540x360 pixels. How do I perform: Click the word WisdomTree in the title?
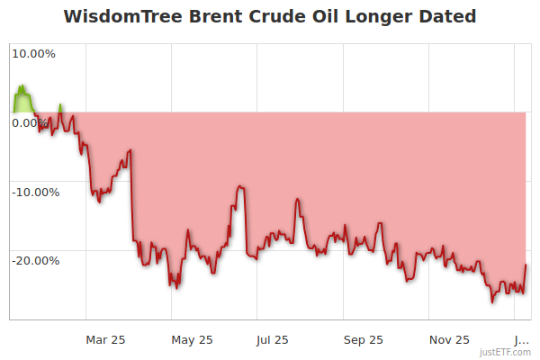pos(118,16)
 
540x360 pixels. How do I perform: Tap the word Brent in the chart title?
pos(210,16)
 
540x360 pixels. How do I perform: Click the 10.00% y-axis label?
pos(33,53)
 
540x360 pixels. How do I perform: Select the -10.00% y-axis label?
pos(34,191)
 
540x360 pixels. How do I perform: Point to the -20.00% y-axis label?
pos(34,260)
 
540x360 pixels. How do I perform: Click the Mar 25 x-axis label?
pos(105,339)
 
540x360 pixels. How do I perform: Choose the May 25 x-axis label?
pos(192,339)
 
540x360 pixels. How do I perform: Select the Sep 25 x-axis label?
pos(364,339)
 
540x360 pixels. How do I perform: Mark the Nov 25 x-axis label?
pos(449,339)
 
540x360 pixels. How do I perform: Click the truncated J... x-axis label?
pos(521,339)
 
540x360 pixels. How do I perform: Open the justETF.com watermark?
pos(507,352)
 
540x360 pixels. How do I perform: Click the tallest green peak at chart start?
pos(22,86)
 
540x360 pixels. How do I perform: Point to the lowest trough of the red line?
pos(492,302)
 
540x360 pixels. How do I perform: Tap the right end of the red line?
pos(526,265)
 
